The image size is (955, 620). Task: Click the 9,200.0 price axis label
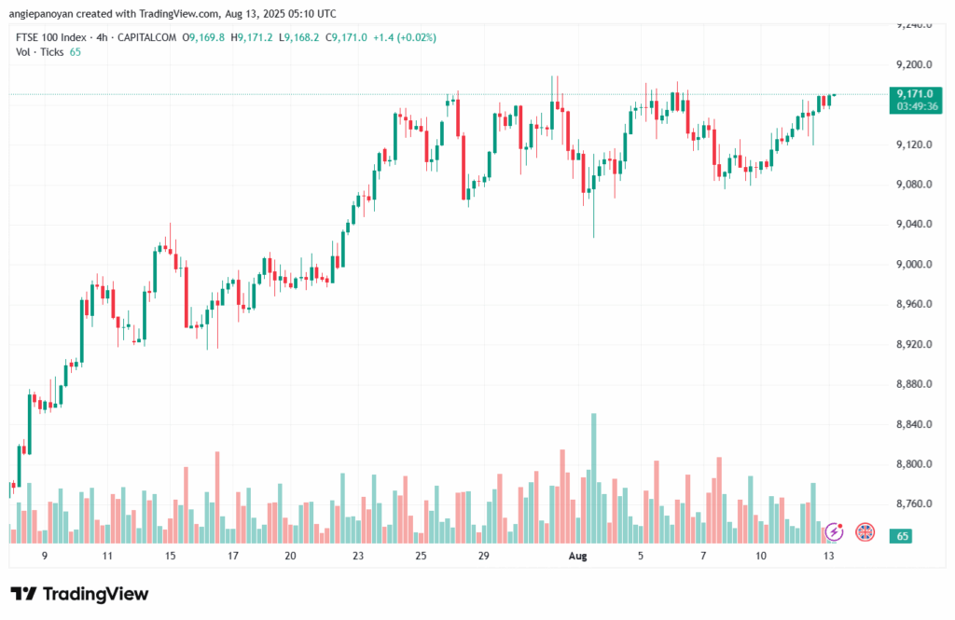[x=913, y=64]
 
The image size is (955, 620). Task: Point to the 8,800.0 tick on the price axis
[x=913, y=464]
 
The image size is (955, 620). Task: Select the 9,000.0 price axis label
[x=913, y=264]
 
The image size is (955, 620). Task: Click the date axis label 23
[x=358, y=556]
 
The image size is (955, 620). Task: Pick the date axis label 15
[x=171, y=556]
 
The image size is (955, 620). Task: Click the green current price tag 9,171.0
[x=914, y=94]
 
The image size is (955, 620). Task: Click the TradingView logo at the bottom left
[x=79, y=594]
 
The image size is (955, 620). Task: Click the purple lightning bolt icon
[x=834, y=531]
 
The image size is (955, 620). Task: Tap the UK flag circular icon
[x=865, y=531]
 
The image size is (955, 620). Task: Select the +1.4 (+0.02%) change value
[x=404, y=37]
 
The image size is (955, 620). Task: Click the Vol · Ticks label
[x=40, y=52]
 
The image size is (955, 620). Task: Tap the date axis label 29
[x=484, y=556]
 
